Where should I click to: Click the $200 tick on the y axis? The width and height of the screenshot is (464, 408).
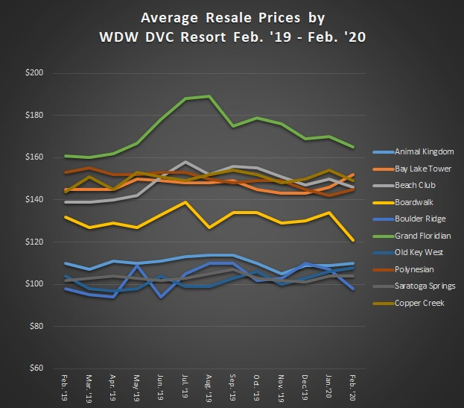(34, 73)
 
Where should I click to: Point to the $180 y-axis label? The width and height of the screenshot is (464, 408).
(34, 116)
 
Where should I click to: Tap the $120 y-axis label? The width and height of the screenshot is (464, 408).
(34, 242)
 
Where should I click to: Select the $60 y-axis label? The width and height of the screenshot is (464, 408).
(34, 369)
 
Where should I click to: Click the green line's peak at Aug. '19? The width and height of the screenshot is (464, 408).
(209, 96)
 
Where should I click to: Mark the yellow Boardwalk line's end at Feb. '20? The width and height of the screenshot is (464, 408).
(353, 240)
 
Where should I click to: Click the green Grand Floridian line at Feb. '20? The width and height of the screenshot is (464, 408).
(353, 147)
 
